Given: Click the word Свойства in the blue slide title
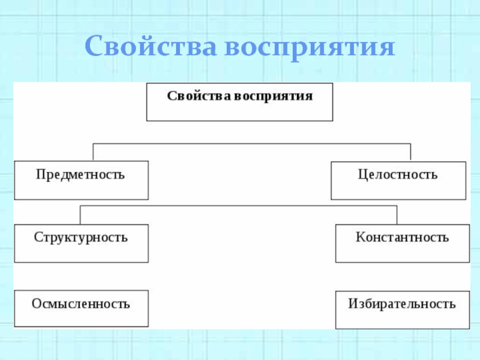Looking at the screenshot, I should pyautogui.click(x=151, y=46).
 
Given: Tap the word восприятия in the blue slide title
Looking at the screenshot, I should pyautogui.click(x=310, y=47).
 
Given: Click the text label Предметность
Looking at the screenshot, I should pyautogui.click(x=80, y=175).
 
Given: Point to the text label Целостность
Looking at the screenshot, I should pyautogui.click(x=398, y=175).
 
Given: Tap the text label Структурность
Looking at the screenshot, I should pyautogui.click(x=81, y=237).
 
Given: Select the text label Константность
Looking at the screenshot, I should pyautogui.click(x=402, y=237).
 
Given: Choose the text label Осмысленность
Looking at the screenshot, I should pyautogui.click(x=81, y=303).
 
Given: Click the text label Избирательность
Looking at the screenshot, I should pyautogui.click(x=402, y=304).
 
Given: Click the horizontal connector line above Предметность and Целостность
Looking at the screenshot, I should pyautogui.click(x=252, y=143).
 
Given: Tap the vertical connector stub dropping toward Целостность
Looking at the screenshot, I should pyautogui.click(x=411, y=152).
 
